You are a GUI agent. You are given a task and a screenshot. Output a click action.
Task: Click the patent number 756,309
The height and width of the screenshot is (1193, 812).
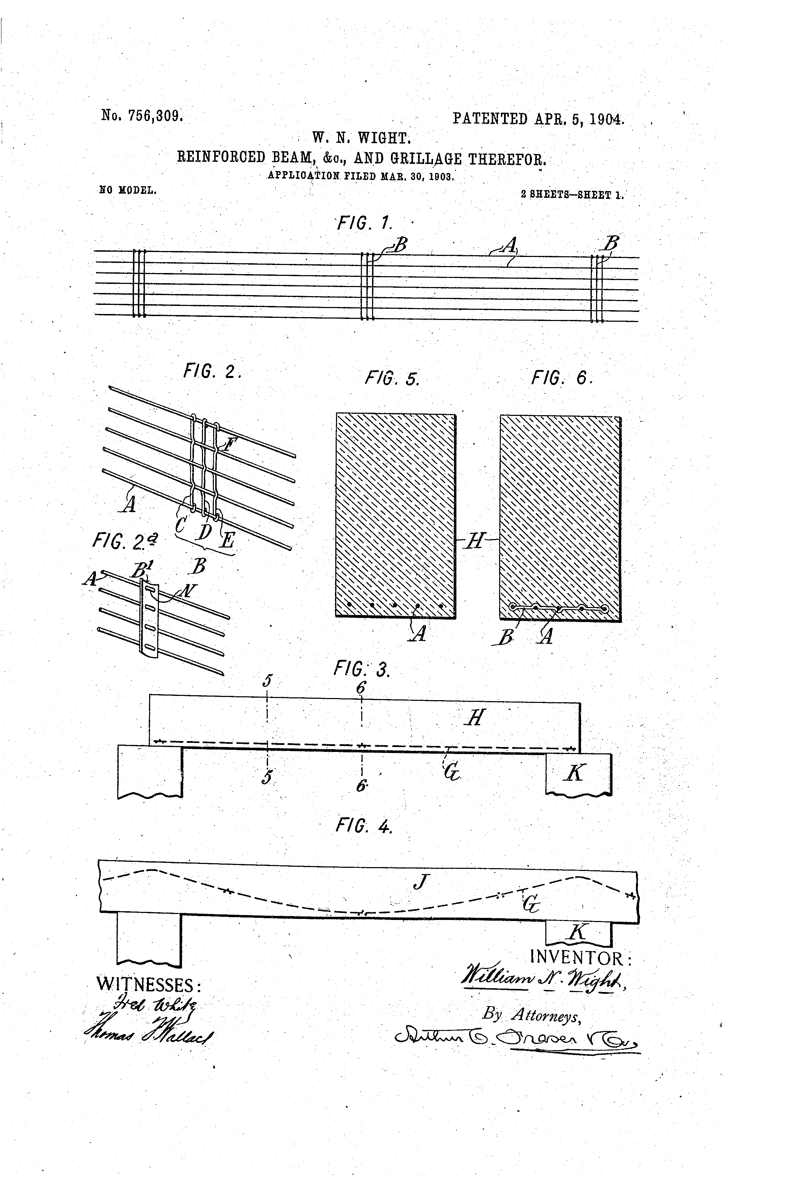point(155,116)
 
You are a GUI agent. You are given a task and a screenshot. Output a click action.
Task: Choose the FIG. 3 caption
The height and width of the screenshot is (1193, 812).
point(362,668)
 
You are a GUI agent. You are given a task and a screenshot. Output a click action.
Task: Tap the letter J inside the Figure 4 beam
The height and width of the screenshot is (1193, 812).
point(420,882)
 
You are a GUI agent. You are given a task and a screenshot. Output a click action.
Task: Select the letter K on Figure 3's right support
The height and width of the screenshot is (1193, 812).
point(575,772)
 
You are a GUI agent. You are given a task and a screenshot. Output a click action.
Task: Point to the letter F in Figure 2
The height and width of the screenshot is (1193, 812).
point(227,443)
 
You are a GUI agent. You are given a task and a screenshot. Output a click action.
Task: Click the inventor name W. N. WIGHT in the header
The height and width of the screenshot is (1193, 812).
point(361,138)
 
